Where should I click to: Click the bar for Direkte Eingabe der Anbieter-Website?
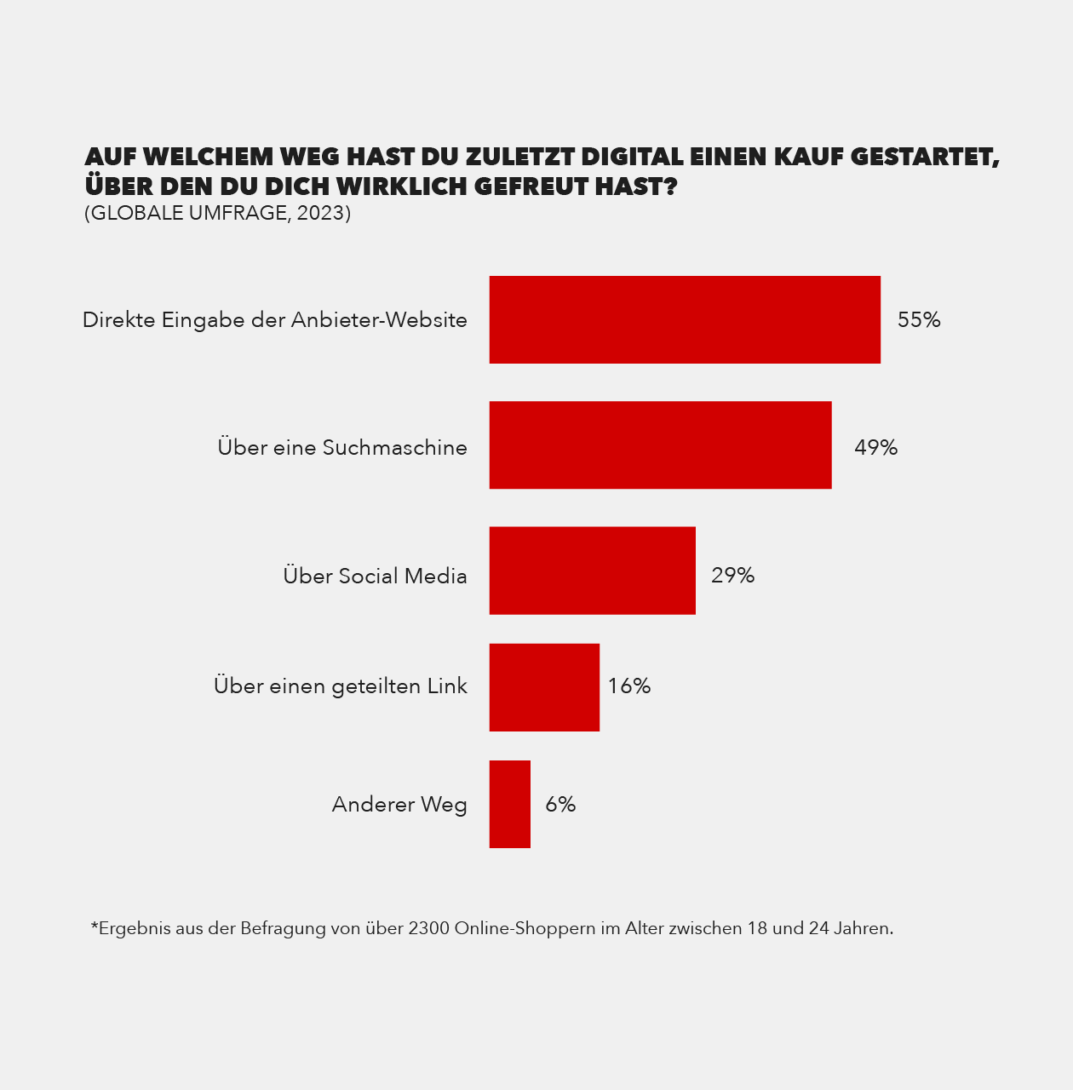685,319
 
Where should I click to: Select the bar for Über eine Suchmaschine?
660,445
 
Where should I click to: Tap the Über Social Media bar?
592,571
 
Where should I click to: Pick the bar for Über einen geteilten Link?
544,687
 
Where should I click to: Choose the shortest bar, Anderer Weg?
509,804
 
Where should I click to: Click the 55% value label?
919,320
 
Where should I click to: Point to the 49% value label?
875,448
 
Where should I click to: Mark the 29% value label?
732,576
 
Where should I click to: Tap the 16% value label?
628,686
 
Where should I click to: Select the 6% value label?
560,805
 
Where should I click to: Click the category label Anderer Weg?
399,805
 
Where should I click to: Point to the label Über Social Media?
375,577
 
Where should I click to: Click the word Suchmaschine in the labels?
394,448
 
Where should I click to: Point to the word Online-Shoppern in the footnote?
525,928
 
